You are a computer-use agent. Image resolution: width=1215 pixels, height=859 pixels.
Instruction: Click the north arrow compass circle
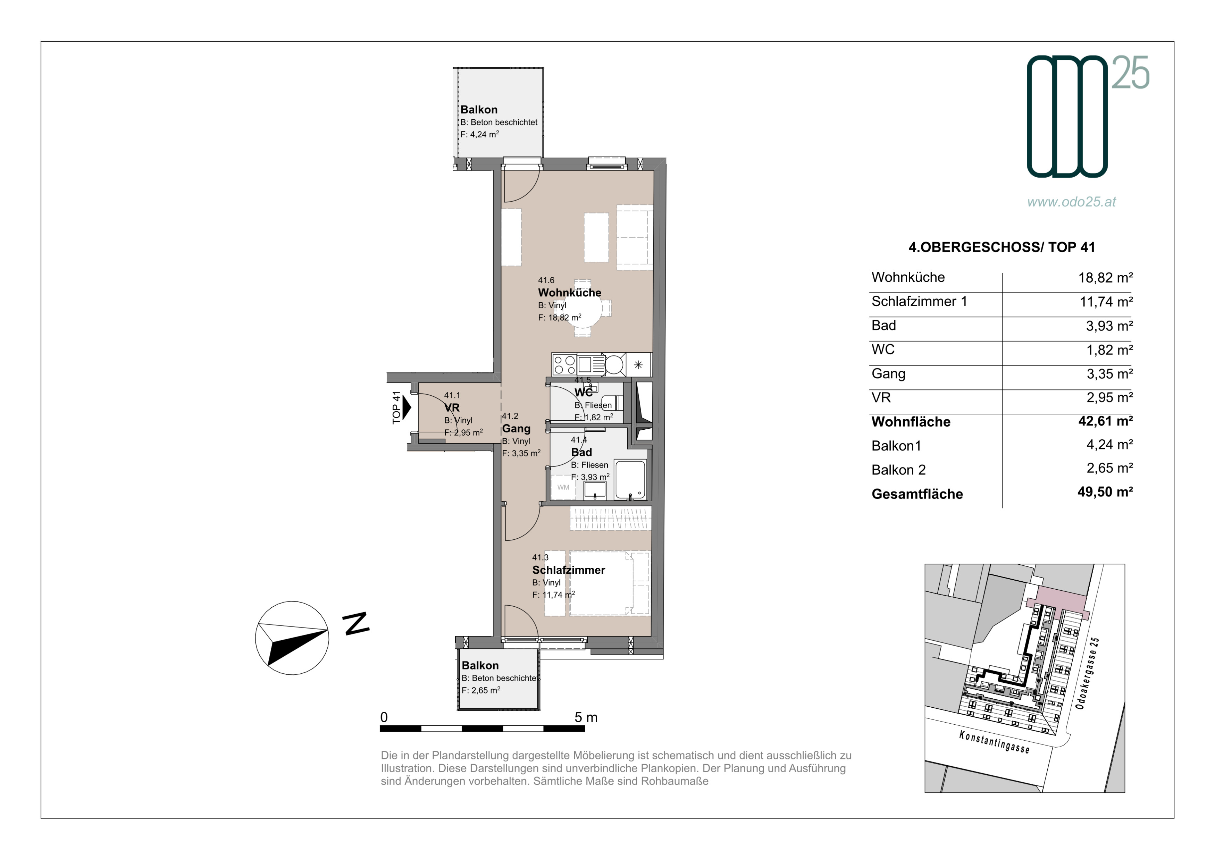click(x=255, y=638)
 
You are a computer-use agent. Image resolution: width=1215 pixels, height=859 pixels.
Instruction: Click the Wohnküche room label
click(x=569, y=293)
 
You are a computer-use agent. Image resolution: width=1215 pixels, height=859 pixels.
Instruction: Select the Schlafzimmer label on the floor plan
click(x=568, y=570)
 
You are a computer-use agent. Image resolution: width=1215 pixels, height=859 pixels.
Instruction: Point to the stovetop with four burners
click(x=564, y=364)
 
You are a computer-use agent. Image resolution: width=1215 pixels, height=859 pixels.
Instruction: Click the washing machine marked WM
click(x=563, y=487)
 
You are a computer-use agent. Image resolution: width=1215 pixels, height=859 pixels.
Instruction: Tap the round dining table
click(x=583, y=309)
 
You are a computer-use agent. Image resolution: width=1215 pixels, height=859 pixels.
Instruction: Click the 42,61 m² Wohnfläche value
click(x=1105, y=421)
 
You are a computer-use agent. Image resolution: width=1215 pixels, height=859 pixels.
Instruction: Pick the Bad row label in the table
click(x=884, y=325)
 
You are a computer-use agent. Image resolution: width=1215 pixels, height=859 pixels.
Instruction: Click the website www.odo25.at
click(x=1072, y=202)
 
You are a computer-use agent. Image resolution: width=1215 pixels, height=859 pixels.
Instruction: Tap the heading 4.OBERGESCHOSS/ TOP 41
click(x=1002, y=247)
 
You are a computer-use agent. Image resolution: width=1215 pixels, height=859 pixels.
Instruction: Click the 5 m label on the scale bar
click(x=586, y=717)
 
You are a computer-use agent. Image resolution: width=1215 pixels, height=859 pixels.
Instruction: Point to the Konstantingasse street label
click(x=994, y=742)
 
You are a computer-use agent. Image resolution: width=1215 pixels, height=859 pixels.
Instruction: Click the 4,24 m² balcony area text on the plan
click(x=479, y=134)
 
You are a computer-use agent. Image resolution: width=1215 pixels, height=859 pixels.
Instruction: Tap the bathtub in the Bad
click(x=630, y=479)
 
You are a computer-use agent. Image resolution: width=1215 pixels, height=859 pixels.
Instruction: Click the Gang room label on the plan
click(x=516, y=428)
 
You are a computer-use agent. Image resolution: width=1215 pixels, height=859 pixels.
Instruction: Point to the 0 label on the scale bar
click(x=384, y=717)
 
